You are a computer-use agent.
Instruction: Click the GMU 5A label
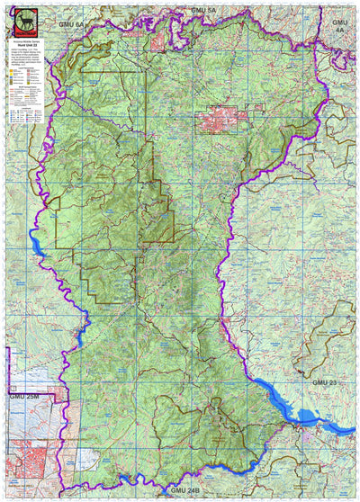tap(204, 8)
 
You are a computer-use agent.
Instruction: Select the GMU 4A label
tap(339, 24)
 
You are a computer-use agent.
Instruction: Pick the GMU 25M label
tap(24, 395)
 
